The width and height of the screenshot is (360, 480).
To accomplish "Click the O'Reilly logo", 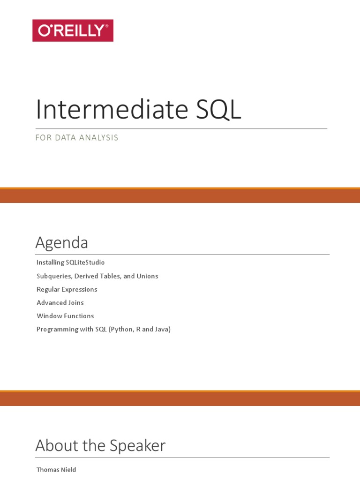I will (x=73, y=30).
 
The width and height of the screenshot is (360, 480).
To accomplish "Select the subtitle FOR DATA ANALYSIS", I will (x=77, y=138).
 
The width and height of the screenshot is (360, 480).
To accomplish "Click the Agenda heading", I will (x=62, y=242).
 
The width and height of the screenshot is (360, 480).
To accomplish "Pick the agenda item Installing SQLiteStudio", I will (x=71, y=262).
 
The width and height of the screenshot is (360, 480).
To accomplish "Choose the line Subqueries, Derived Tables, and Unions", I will (x=97, y=276).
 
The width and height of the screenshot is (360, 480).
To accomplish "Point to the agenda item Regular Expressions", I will (x=67, y=289).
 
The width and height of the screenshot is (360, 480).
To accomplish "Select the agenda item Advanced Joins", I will (x=60, y=303).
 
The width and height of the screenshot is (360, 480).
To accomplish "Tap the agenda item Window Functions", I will (x=65, y=316).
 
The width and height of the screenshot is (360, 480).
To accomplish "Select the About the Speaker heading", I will (x=100, y=445).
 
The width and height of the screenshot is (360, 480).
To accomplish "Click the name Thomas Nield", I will (x=56, y=470).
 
